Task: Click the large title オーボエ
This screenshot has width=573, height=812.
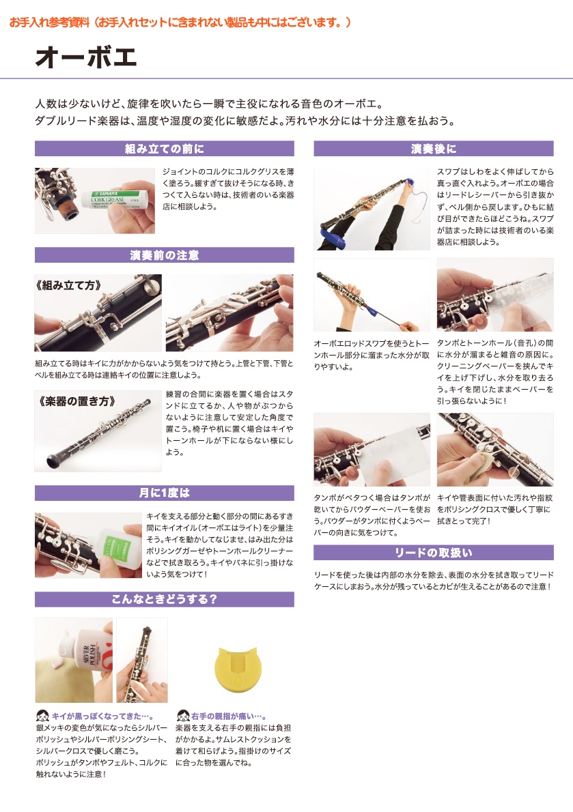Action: pyautogui.click(x=86, y=57)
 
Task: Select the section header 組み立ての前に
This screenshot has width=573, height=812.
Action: pyautogui.click(x=164, y=149)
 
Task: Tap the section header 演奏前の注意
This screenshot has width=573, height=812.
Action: pyautogui.click(x=164, y=255)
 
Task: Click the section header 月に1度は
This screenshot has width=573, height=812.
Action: pyautogui.click(x=164, y=493)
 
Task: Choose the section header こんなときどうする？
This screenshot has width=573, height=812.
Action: pyautogui.click(x=164, y=599)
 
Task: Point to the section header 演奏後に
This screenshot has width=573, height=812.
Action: pyautogui.click(x=433, y=149)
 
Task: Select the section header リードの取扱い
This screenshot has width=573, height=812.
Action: pyautogui.click(x=433, y=553)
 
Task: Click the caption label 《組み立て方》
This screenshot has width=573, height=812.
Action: pyautogui.click(x=68, y=285)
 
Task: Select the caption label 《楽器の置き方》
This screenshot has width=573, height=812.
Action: pyautogui.click(x=75, y=401)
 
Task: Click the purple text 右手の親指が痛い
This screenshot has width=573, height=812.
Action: pyautogui.click(x=229, y=716)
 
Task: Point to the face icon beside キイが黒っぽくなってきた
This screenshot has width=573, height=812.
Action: pyautogui.click(x=42, y=716)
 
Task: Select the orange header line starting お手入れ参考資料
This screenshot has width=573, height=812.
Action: pyautogui.click(x=180, y=23)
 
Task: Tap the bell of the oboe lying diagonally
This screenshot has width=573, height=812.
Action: pyautogui.click(x=54, y=461)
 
